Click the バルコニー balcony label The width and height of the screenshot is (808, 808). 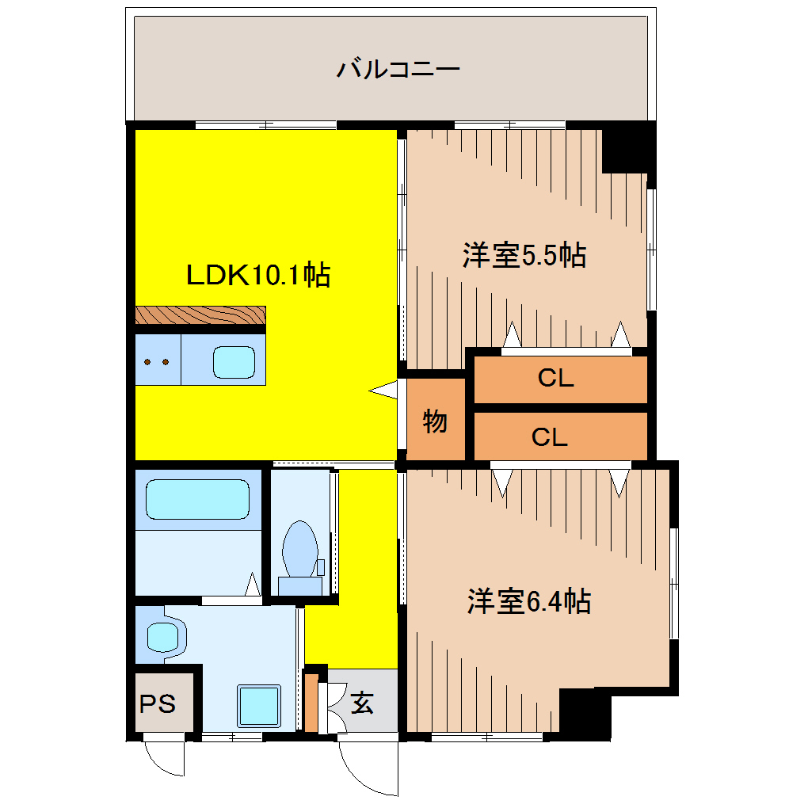[398, 69]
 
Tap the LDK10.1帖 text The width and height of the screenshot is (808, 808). [257, 275]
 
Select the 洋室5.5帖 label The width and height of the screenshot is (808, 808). [524, 255]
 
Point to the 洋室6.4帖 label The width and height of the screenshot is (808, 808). [528, 602]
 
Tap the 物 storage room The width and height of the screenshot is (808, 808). [435, 421]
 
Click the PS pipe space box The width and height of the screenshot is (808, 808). [159, 703]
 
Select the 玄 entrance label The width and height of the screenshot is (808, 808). [363, 702]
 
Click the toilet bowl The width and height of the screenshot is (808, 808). [299, 549]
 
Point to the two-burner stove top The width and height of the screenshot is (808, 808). [157, 362]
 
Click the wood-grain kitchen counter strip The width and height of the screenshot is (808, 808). [199, 315]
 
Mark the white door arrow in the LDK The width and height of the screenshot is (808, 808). [384, 389]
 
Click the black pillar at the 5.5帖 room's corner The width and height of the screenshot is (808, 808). [626, 149]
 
